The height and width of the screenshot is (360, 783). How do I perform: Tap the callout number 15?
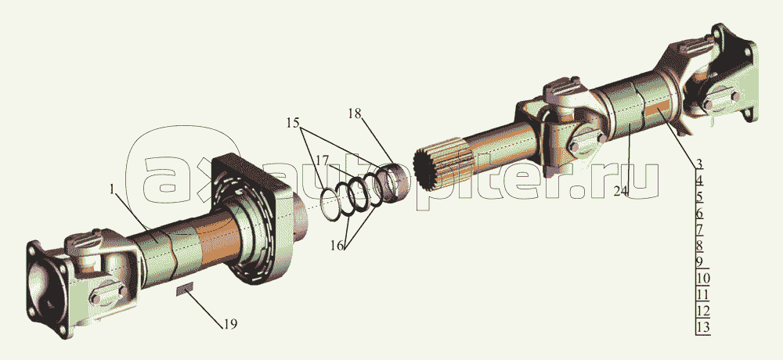pos(292,123)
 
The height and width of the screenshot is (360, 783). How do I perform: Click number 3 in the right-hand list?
pos(699,164)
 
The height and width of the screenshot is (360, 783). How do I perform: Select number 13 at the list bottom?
pos(702,327)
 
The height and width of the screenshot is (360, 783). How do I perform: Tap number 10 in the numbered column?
pos(702,279)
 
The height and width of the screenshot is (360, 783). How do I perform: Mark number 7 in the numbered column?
pos(699,229)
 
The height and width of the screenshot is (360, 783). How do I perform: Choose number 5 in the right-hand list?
pos(699,197)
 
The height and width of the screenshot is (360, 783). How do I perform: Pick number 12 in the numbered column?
pos(702,311)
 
